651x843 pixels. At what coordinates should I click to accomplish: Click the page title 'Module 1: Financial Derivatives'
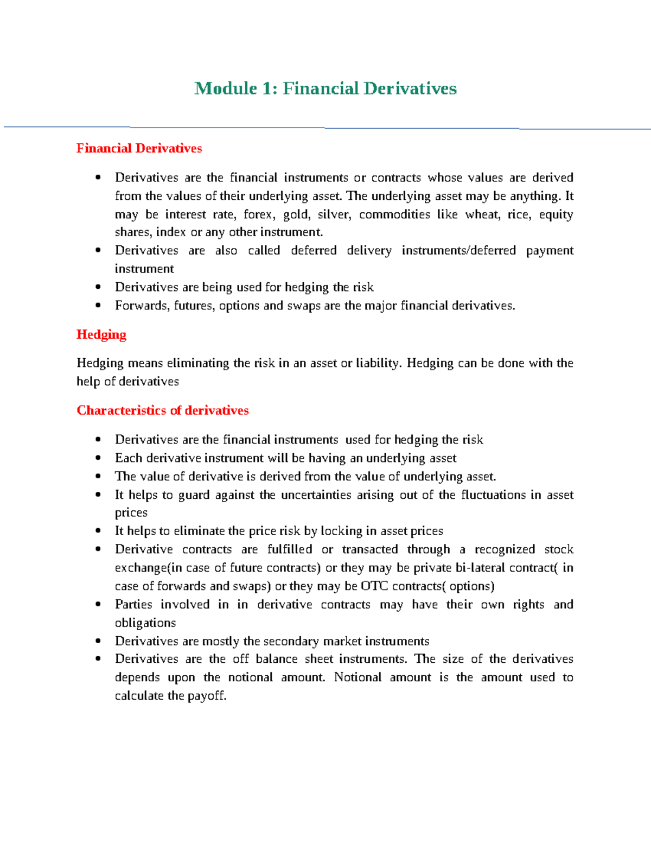click(x=325, y=88)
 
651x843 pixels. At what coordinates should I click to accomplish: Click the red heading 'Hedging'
click(x=101, y=334)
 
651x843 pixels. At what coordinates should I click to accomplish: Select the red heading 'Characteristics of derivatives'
click(x=163, y=410)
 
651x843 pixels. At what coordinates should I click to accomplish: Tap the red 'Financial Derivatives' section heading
click(x=139, y=148)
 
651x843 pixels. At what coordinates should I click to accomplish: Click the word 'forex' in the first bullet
click(x=258, y=214)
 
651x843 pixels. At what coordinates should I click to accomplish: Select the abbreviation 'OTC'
click(x=374, y=586)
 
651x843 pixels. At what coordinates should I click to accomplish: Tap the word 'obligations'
click(x=145, y=623)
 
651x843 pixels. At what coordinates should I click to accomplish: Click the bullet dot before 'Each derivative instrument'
click(x=98, y=458)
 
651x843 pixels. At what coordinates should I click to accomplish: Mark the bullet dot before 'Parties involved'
click(x=98, y=605)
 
